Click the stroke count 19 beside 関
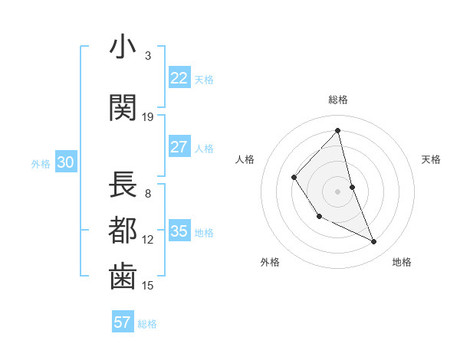click(148, 117)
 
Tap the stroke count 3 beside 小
click(148, 55)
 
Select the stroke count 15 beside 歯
click(148, 286)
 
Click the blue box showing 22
click(179, 78)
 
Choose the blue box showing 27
click(179, 147)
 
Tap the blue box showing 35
click(179, 232)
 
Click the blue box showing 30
click(65, 162)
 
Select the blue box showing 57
click(122, 322)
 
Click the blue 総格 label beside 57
click(147, 324)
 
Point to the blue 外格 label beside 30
click(41, 164)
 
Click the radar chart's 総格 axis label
click(338, 100)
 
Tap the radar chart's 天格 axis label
click(432, 159)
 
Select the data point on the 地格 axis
click(374, 242)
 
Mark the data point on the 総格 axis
click(338, 131)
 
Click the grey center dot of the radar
click(338, 191)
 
